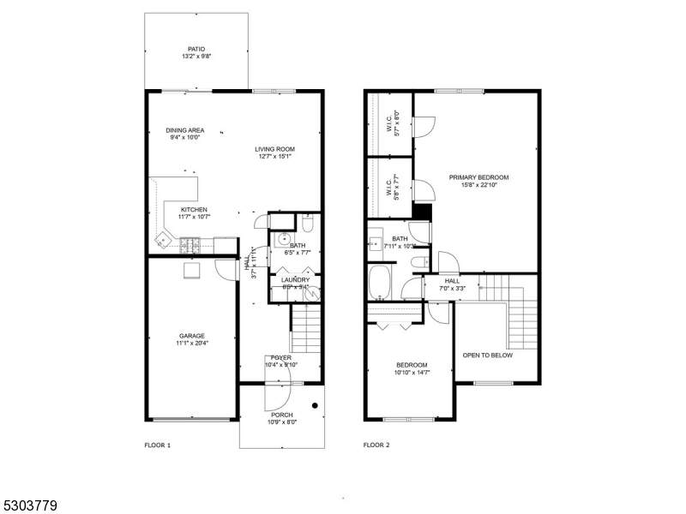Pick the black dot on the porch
coord(315,404)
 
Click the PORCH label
coord(281,415)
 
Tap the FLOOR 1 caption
coord(157,445)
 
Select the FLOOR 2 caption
coord(376,445)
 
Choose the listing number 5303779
coord(29,506)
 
